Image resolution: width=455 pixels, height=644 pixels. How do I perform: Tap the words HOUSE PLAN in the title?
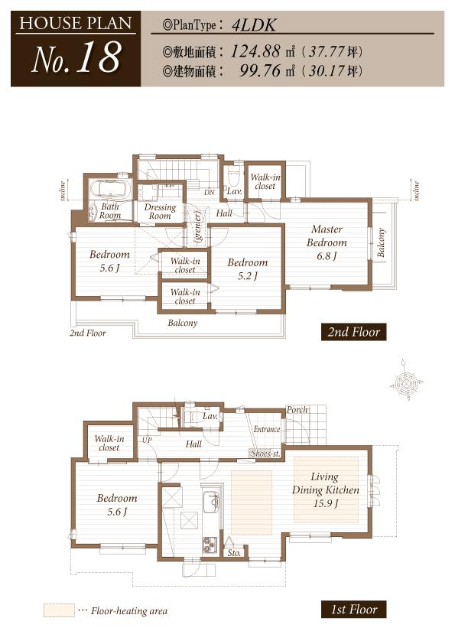pyautogui.click(x=74, y=22)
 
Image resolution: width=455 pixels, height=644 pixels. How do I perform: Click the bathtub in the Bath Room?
pyautogui.click(x=110, y=190)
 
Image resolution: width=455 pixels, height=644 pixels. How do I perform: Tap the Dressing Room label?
pyautogui.click(x=160, y=212)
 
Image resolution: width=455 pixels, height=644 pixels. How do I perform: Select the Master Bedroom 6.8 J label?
pyautogui.click(x=327, y=242)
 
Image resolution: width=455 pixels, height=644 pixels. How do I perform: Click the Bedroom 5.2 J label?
pyautogui.click(x=247, y=268)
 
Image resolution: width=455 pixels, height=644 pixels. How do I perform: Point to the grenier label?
pyautogui.click(x=197, y=228)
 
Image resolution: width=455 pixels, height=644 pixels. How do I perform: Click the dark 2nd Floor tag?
pyautogui.click(x=353, y=332)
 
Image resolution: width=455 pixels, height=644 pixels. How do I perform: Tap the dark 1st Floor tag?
pyautogui.click(x=353, y=610)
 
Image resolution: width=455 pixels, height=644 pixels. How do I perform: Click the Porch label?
pyautogui.click(x=297, y=410)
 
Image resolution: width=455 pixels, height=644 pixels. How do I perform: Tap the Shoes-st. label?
pyautogui.click(x=265, y=454)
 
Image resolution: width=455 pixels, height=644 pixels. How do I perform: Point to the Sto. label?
pyautogui.click(x=234, y=551)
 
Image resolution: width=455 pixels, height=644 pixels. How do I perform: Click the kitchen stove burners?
pyautogui.click(x=210, y=545)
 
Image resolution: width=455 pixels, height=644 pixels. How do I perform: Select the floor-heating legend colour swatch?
pyautogui.click(x=58, y=610)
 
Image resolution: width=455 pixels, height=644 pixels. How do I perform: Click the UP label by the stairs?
pyautogui.click(x=146, y=441)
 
